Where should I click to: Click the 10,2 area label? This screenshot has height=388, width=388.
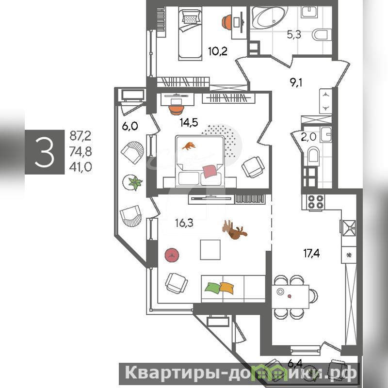217,52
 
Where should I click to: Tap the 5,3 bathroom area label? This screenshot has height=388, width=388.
294,34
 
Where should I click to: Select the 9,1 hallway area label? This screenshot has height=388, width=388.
296,82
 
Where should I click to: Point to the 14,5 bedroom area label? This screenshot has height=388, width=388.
189,123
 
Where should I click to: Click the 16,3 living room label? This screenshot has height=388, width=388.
184,223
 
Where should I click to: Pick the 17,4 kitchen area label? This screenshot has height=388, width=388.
311,253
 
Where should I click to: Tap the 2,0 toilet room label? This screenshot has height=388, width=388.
308,137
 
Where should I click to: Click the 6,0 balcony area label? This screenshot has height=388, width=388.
130,126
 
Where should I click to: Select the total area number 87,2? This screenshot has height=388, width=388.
81,136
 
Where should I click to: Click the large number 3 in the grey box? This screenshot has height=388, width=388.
45,152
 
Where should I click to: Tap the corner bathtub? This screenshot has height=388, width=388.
269,18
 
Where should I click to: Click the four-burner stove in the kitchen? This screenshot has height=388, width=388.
316,202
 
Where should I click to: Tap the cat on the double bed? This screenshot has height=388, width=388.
189,146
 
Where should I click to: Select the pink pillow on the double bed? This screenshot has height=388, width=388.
210,171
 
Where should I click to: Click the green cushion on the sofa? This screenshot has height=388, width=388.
213,288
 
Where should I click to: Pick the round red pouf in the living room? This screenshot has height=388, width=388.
172,255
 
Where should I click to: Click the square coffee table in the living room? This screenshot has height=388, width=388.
210,250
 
